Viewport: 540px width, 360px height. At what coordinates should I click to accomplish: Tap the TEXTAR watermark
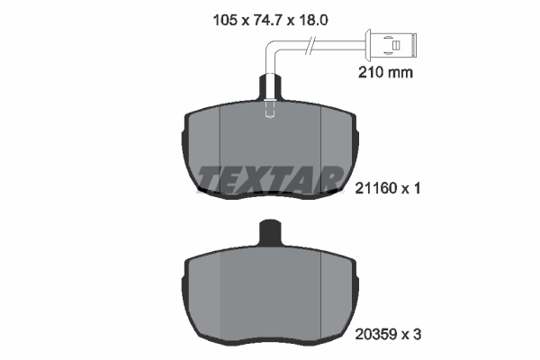(x=270, y=177)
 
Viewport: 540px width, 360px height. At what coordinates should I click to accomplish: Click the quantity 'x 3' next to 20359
(x=412, y=334)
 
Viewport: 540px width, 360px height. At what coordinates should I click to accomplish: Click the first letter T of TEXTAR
(x=211, y=177)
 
